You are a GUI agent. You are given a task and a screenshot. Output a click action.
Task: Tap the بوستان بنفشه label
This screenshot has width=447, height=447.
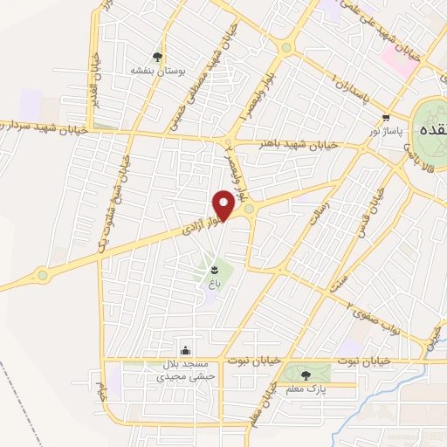coord(155,69)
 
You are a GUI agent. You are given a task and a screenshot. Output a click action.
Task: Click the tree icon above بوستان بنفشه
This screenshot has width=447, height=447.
coord(158,56)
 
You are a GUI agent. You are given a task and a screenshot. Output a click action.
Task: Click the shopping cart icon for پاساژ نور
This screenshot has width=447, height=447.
coord(385,115)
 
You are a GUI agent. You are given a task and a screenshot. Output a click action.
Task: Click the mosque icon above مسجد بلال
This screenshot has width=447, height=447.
coord(183,349)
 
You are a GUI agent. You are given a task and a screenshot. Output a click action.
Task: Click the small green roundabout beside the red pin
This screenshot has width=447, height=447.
coord(249,209)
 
